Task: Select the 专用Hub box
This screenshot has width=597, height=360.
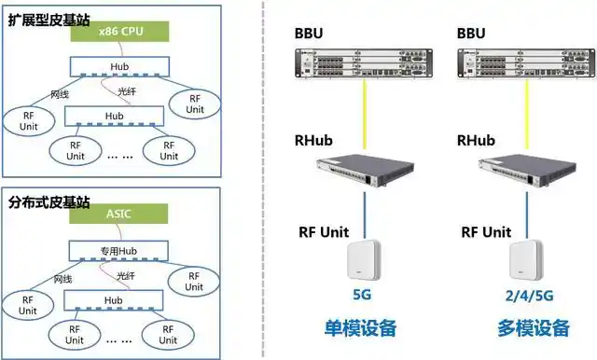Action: [x=119, y=251]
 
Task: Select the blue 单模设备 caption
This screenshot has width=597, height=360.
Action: [x=360, y=329]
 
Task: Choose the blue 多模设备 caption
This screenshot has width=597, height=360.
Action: [x=533, y=329]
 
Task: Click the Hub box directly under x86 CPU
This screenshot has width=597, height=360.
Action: [x=119, y=67]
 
